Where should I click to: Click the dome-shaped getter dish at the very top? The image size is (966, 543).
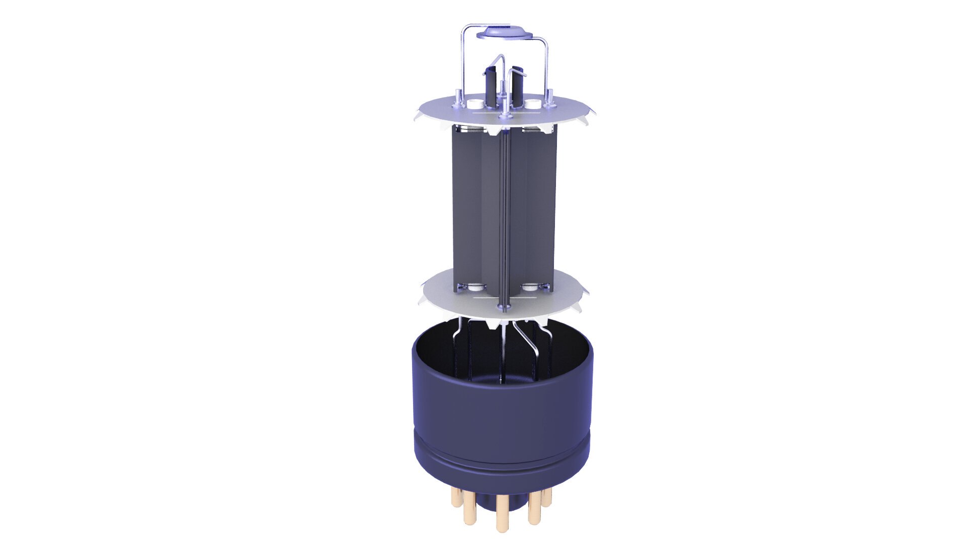tap(504, 32)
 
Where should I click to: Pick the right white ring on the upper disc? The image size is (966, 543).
tap(534, 104)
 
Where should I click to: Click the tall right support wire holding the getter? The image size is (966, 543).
tap(547, 65)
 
